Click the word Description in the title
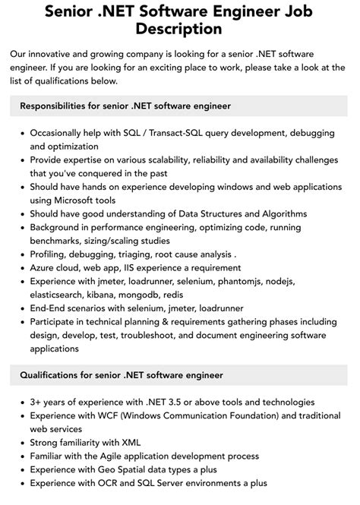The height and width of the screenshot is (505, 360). click(179, 30)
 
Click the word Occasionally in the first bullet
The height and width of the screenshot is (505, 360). click(61, 132)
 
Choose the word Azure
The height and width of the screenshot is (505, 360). click(44, 267)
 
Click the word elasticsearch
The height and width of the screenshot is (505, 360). click(64, 295)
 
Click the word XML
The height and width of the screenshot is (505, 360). click(128, 442)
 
